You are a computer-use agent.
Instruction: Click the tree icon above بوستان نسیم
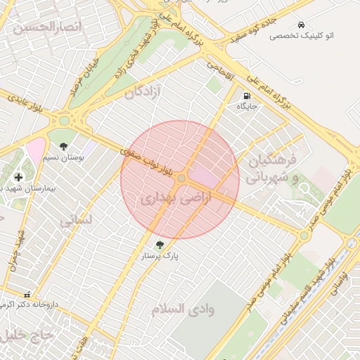[64, 147]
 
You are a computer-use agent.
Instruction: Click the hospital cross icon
[18, 176]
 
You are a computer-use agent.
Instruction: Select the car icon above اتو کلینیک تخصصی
[301, 24]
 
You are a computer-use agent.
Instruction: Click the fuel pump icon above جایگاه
[246, 96]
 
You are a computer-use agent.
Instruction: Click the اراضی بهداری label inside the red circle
[166, 199]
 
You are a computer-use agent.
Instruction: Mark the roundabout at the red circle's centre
[181, 179]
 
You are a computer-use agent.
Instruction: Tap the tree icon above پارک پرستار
[160, 245]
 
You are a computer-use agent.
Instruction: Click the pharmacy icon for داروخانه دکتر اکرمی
[27, 295]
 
